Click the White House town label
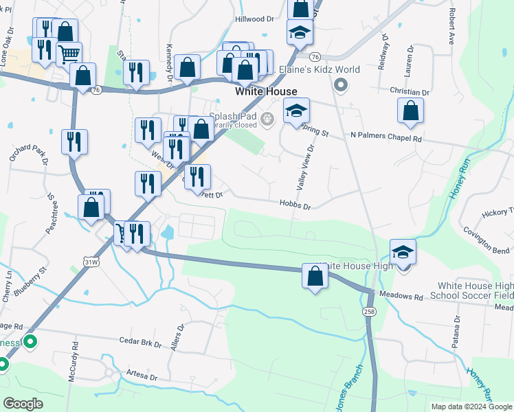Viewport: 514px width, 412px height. coord(266,91)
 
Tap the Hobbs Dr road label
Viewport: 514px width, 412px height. coord(295,205)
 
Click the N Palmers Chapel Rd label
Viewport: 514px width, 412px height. coord(385,137)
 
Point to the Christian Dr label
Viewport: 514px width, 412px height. coord(409,91)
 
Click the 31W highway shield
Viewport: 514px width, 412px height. coord(89,262)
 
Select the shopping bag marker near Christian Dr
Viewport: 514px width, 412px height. coord(410,111)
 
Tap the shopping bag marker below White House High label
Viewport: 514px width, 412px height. coord(315,276)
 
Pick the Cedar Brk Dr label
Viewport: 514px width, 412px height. coord(139,342)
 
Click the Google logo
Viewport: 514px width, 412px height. coord(23,404)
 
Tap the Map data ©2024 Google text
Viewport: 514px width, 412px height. coord(471,407)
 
